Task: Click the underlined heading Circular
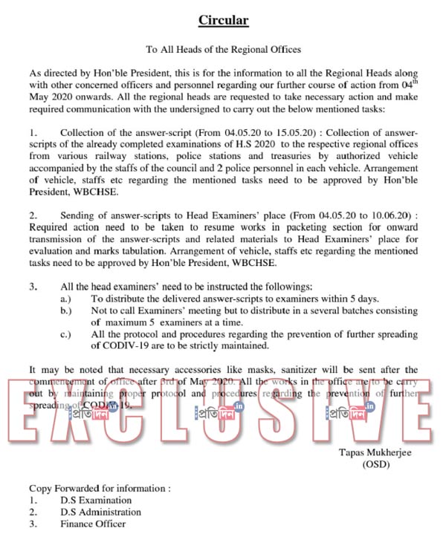(x=223, y=20)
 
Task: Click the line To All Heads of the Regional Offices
(x=223, y=50)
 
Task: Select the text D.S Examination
(x=96, y=500)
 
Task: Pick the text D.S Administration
(x=100, y=512)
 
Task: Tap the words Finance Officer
(x=93, y=524)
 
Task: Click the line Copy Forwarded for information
(x=100, y=488)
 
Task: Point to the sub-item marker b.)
(x=66, y=310)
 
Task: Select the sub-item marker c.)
(x=66, y=333)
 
